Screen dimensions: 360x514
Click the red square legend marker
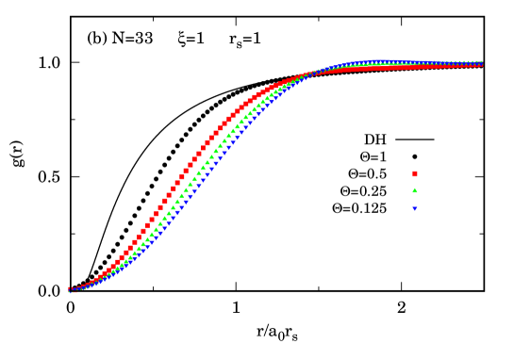tap(415, 173)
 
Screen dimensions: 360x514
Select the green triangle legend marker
tap(415, 190)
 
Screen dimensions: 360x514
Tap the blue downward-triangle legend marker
tap(415, 208)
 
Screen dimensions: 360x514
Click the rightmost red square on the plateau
tap(481, 65)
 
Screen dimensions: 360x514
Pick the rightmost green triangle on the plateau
tap(481, 63)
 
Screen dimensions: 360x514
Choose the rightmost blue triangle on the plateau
tap(481, 62)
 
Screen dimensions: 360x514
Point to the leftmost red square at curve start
tap(70, 288)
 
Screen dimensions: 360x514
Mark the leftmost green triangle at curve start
tap(70, 290)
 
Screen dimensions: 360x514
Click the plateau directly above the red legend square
tap(415, 65)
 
